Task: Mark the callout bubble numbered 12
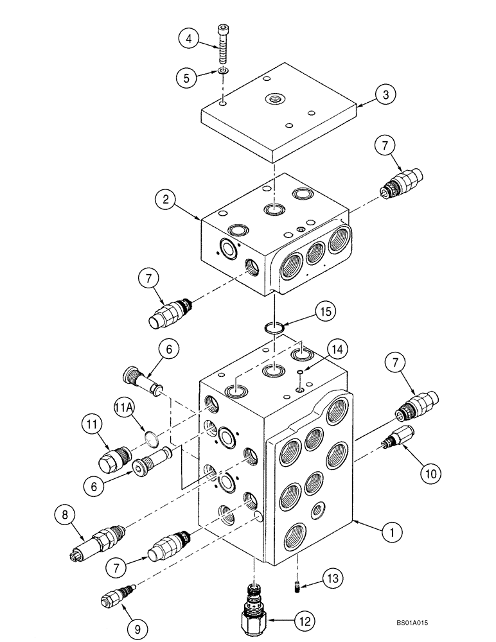tap(305, 621)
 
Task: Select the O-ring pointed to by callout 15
tap(274, 328)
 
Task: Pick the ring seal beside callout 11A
tap(150, 438)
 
